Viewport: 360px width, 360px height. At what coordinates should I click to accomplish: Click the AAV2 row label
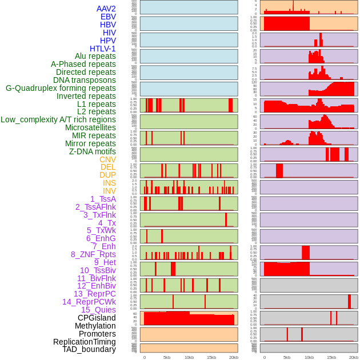(x=106, y=9)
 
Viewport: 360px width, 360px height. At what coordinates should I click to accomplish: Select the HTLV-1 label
(x=103, y=49)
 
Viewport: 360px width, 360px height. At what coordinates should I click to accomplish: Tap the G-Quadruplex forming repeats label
(x=61, y=88)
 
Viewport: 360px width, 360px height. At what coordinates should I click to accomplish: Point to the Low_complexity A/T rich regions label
(x=58, y=119)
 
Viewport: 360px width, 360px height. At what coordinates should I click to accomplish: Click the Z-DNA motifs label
(x=93, y=151)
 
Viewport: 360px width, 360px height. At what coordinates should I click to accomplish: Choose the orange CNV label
(x=107, y=159)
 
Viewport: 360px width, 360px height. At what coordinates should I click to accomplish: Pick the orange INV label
(x=109, y=191)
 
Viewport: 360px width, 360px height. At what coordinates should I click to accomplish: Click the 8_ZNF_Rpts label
(x=93, y=254)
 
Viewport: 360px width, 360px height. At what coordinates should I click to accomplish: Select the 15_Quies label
(x=98, y=310)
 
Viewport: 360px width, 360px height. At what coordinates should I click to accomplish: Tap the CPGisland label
(x=97, y=318)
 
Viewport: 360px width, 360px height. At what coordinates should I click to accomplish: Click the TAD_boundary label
(x=89, y=349)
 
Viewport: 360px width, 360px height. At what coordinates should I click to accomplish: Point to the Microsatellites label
(x=90, y=127)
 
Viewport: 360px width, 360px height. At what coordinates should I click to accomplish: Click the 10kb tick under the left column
(x=189, y=357)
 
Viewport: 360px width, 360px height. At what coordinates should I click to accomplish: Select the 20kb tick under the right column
(x=354, y=357)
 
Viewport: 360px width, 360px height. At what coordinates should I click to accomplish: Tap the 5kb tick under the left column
(x=167, y=357)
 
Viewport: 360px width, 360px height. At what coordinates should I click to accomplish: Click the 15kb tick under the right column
(x=331, y=357)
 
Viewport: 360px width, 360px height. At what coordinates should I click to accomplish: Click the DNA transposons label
(x=85, y=80)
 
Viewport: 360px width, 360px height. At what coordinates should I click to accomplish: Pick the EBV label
(x=108, y=17)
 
